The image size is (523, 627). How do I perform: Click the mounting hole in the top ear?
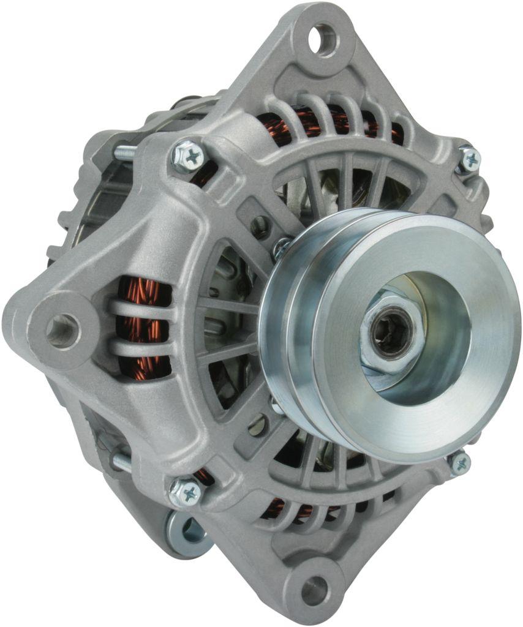pos(323,40)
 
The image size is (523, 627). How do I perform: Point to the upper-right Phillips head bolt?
pos(469,159)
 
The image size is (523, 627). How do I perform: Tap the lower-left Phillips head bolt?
pos(186,490)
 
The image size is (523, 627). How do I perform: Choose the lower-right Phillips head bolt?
pos(459,464)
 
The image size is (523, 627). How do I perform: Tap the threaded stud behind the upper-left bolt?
pos(124,152)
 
